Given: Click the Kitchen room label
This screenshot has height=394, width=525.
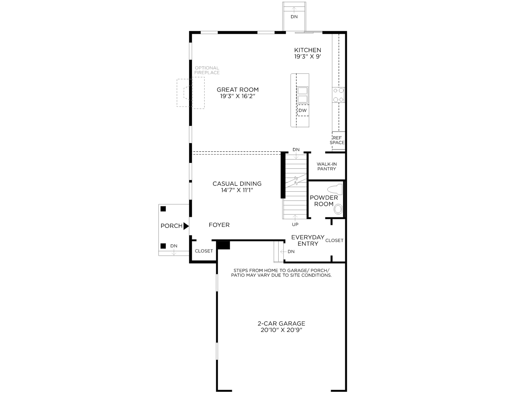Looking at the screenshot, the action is tap(307, 50).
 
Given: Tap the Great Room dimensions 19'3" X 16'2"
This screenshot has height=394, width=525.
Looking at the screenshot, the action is tap(238, 96).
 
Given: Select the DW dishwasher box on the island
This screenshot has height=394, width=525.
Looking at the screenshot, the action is tap(303, 110).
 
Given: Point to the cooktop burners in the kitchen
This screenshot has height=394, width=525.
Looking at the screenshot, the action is tap(338, 95).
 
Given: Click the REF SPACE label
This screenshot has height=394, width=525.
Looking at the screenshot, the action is tap(337, 140).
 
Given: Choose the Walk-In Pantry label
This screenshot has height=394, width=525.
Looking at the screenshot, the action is tap(327, 166).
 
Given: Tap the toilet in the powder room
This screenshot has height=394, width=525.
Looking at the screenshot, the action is tap(335, 189).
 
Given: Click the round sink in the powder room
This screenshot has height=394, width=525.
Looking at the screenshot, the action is tap(338, 209).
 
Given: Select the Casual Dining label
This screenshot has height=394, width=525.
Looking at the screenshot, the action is tap(237, 184).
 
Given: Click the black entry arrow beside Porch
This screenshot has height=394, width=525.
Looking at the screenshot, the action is tap(186, 226).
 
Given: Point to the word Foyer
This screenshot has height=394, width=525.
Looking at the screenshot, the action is tap(219, 225).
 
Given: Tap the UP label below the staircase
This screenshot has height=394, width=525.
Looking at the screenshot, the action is tap(295, 224).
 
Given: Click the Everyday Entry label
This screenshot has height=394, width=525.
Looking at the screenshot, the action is tap(308, 240).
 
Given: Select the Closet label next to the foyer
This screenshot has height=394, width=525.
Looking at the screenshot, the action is tap(204, 251).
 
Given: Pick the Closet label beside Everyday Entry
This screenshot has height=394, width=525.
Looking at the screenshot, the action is tap(334, 240).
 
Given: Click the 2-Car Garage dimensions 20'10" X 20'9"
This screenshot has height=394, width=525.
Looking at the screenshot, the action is tap(282, 330).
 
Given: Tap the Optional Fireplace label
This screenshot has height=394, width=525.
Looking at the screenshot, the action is tap(207, 70).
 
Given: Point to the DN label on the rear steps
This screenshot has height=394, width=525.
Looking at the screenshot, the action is tap(294, 17).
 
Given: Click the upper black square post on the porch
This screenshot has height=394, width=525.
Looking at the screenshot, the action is tap(163, 209).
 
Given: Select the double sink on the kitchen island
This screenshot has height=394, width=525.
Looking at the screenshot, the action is tap(303, 95).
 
